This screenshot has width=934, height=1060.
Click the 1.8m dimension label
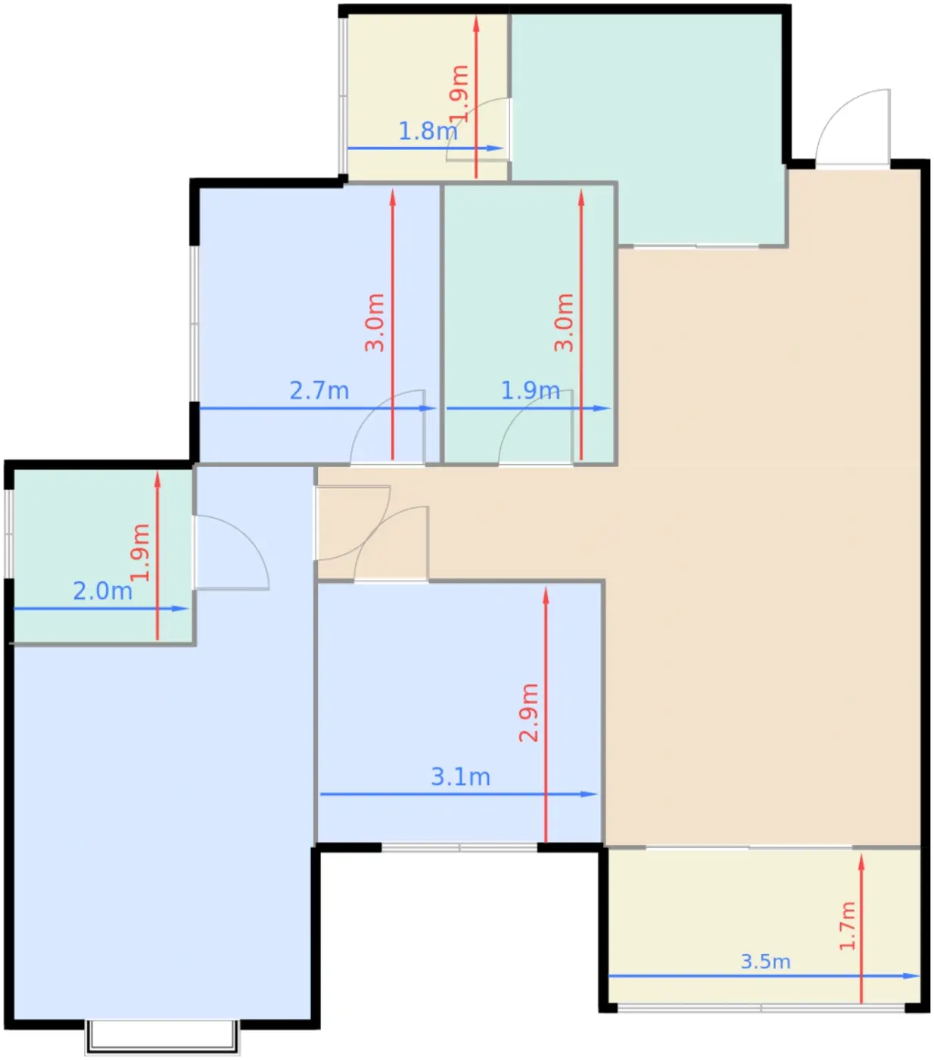(x=428, y=131)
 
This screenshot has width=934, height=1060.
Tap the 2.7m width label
(x=319, y=391)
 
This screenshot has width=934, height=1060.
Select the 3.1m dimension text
(x=460, y=777)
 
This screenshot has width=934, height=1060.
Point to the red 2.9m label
(x=529, y=712)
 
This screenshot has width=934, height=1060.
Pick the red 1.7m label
(x=847, y=926)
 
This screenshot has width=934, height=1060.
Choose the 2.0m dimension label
(x=102, y=591)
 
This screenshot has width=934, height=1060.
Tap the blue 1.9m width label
(x=531, y=391)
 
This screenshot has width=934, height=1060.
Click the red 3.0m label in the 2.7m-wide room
(x=375, y=323)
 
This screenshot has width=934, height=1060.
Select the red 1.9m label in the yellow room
(x=459, y=94)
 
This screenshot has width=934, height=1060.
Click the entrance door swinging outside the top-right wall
(x=852, y=128)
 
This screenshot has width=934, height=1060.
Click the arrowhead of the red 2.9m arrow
(x=546, y=595)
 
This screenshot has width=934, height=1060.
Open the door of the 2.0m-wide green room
(x=232, y=553)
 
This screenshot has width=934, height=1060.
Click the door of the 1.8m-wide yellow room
(x=478, y=129)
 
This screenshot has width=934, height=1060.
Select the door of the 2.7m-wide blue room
(x=387, y=427)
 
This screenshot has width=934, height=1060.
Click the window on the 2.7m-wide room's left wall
(x=194, y=324)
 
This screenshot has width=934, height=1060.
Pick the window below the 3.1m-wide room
(x=459, y=847)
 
